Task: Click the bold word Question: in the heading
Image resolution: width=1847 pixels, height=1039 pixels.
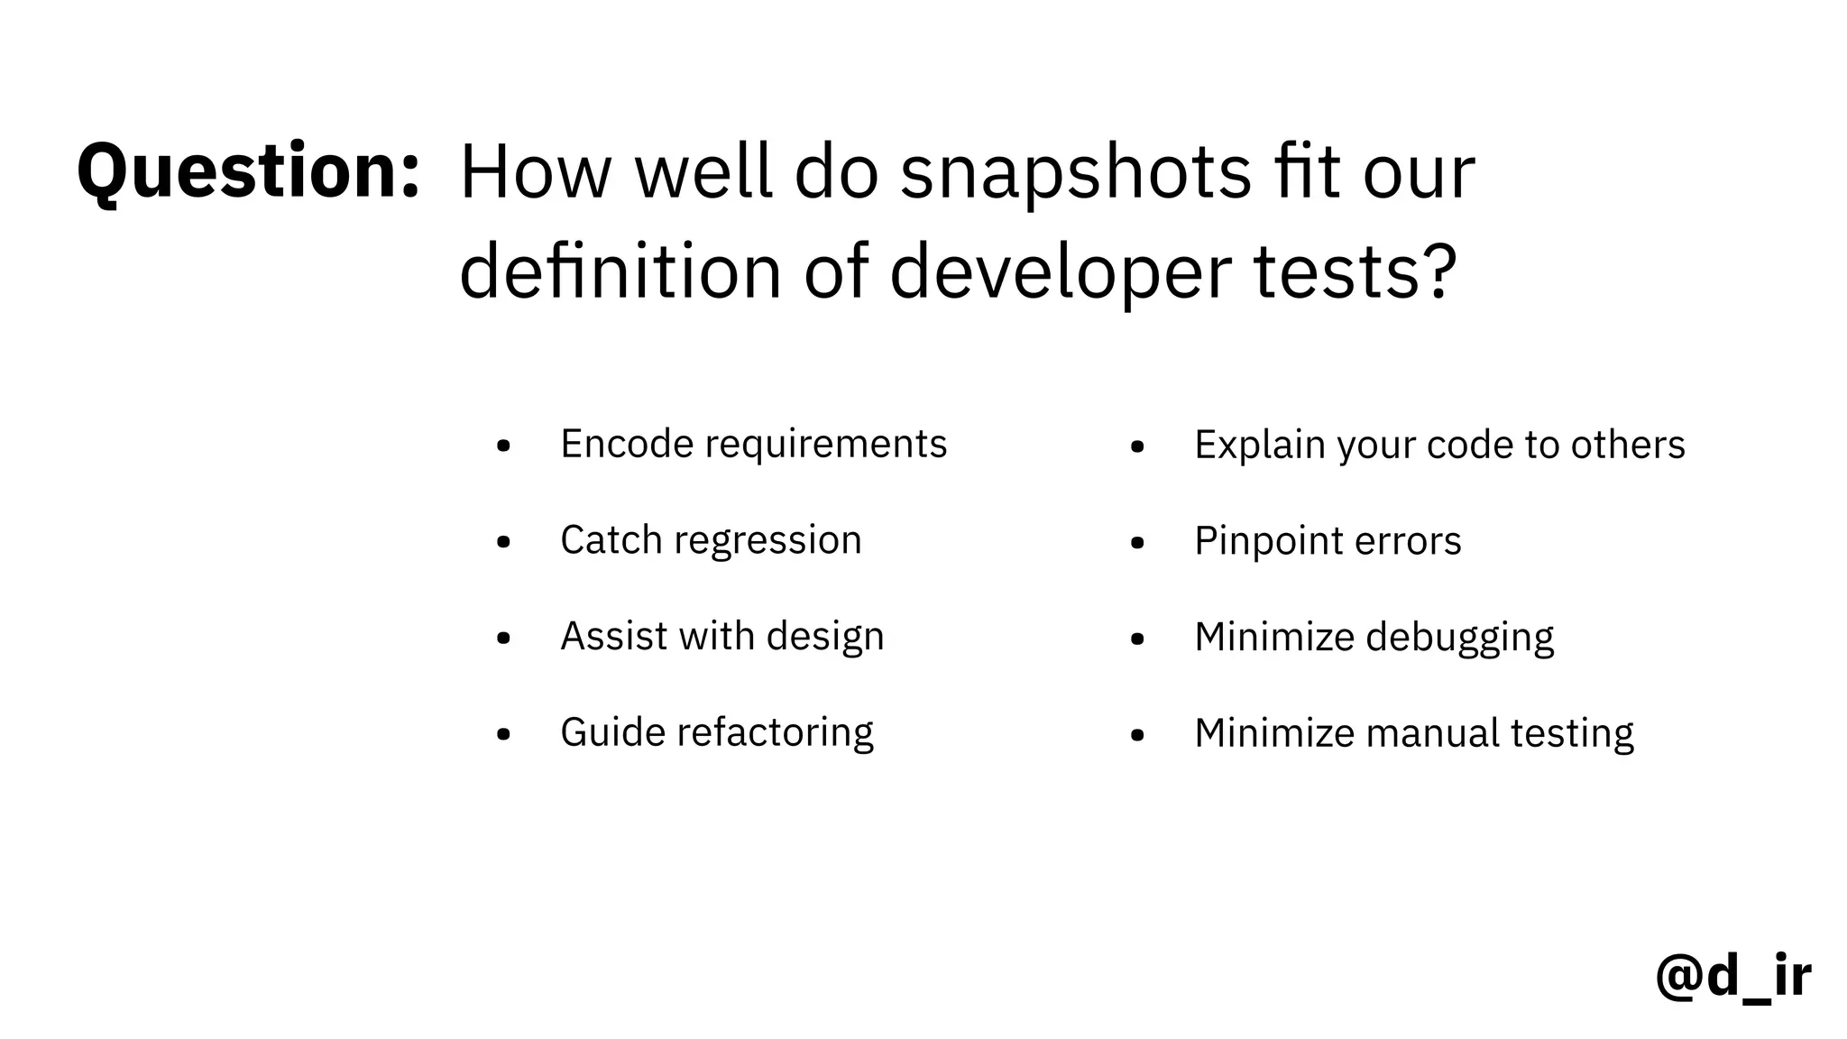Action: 248,171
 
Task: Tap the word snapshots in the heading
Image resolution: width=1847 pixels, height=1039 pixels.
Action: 1075,173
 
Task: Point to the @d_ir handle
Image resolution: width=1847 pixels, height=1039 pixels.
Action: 1732,976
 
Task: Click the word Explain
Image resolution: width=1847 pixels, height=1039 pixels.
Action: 1260,446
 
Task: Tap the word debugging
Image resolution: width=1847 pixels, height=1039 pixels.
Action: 1459,638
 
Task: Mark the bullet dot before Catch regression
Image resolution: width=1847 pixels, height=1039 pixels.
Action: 503,542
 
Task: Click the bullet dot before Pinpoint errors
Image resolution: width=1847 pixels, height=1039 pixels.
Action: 1137,543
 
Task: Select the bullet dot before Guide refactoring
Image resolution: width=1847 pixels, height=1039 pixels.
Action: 503,734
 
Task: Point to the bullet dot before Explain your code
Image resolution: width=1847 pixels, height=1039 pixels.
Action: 1137,446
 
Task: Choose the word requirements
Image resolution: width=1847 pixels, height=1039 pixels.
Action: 825,445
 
